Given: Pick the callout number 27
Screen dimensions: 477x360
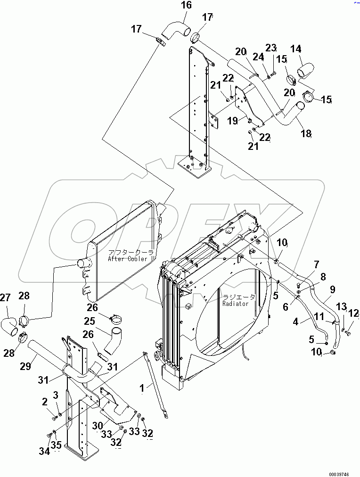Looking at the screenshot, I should (5, 298).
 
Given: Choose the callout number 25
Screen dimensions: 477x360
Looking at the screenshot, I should (90, 321).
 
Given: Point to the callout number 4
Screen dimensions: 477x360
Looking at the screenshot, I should (295, 322).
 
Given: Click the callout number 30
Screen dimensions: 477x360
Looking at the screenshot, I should (98, 425).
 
